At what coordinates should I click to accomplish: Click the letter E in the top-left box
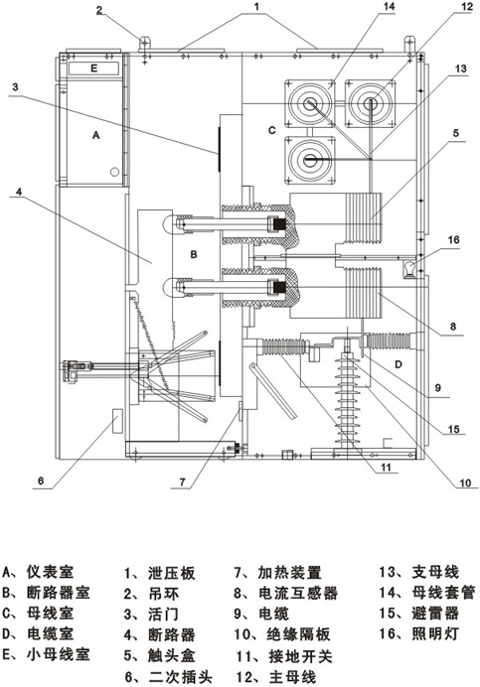pos(93,68)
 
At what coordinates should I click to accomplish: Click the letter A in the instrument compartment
pos(96,135)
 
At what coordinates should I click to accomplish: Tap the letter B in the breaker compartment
pos(194,254)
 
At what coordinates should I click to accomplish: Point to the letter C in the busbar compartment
pos(272,130)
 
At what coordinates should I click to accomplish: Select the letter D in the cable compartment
pos(399,364)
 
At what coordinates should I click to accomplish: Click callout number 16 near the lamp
pos(454,239)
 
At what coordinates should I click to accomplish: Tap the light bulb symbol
pos(409,269)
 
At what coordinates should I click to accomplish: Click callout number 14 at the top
pos(389,6)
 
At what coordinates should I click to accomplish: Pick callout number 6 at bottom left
pos(41,481)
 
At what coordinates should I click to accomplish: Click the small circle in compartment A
pos(114,172)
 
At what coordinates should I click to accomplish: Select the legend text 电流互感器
pos(298,593)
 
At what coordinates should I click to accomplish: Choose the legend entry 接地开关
pos(300,656)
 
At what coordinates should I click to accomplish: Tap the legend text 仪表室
pos(50,571)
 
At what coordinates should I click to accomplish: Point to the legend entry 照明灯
pos(435,633)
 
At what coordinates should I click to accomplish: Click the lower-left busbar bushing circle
pos(310,160)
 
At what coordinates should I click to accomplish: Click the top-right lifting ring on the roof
pos(408,45)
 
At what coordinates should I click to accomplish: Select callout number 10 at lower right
pos(465,482)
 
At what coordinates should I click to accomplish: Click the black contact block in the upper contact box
pos(278,224)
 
